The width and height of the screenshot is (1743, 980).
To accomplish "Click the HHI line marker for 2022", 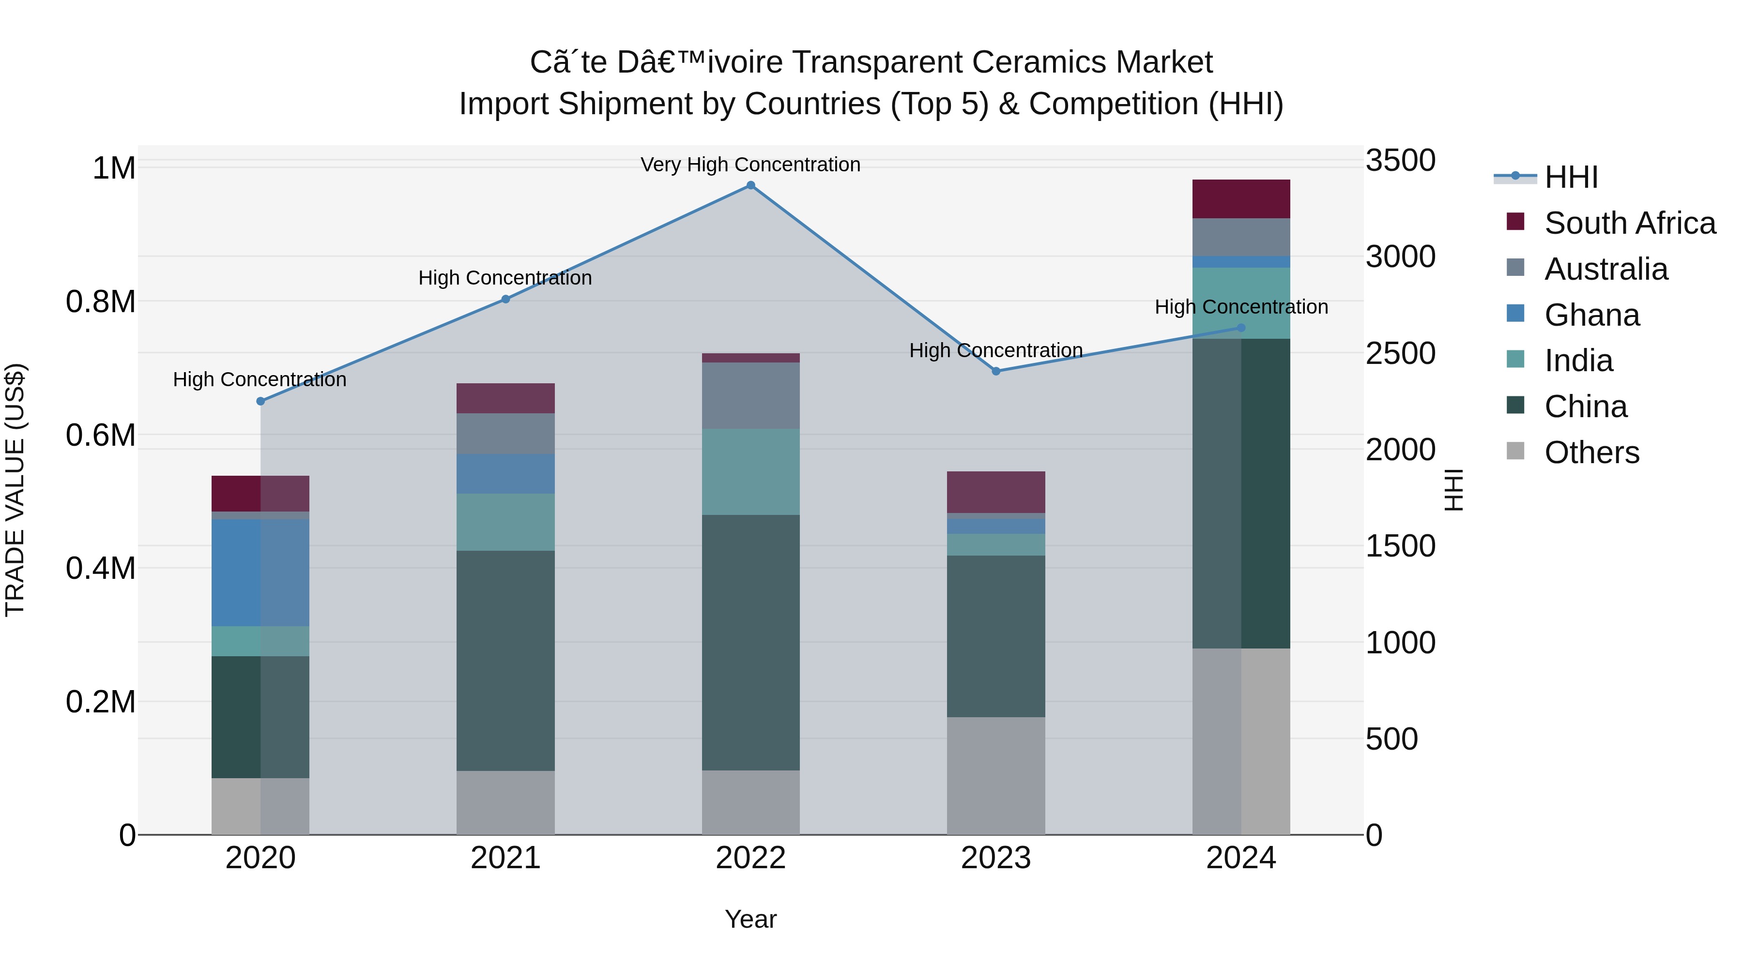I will [750, 185].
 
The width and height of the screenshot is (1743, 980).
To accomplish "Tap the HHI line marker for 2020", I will [260, 401].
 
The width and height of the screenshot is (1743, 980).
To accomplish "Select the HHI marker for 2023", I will [995, 371].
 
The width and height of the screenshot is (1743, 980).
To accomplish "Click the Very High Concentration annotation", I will [750, 165].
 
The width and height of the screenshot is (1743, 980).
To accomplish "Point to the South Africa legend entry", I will [1629, 223].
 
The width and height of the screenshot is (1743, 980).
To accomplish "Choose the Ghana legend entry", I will [1591, 315].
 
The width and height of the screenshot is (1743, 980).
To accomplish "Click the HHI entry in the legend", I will [1571, 177].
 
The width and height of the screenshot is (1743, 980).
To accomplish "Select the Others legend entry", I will [1591, 452].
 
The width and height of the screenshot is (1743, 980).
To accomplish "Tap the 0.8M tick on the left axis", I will [101, 302].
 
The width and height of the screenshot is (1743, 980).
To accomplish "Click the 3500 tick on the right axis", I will [1399, 161].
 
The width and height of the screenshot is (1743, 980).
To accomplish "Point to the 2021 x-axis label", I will [505, 858].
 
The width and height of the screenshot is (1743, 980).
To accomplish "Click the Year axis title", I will [750, 919].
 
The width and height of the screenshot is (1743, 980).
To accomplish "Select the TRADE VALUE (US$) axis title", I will [15, 490].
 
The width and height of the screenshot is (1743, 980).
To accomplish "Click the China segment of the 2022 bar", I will [750, 643].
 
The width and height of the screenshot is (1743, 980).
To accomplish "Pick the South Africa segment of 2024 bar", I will [1241, 199].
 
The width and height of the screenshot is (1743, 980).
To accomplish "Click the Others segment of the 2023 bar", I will [995, 776].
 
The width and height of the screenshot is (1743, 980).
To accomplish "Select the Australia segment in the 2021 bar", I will [505, 434].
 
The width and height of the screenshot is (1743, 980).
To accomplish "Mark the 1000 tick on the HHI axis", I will [1399, 643].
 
